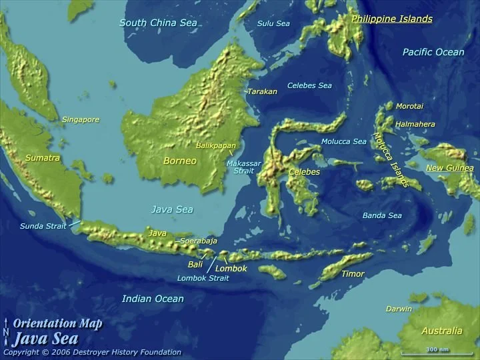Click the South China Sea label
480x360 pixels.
[x=158, y=23]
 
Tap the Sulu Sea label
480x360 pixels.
[x=273, y=23]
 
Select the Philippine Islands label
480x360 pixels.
[x=391, y=19]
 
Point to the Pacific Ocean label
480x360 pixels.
[x=433, y=52]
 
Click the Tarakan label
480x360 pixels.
[x=262, y=91]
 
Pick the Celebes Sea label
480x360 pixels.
[x=309, y=85]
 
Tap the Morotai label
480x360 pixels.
[x=409, y=106]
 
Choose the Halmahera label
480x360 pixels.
[x=415, y=124]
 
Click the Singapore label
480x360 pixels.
[x=81, y=120]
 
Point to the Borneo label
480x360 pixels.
[x=180, y=161]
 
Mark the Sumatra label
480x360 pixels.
[x=43, y=158]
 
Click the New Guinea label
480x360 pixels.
[x=449, y=168]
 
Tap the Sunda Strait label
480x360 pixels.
[x=43, y=226]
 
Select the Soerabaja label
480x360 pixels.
[x=199, y=241]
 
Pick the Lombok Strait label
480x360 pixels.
[x=203, y=278]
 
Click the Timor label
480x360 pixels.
[x=353, y=274]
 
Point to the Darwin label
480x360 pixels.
[x=399, y=309]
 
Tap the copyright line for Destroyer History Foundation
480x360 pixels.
[x=92, y=352]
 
